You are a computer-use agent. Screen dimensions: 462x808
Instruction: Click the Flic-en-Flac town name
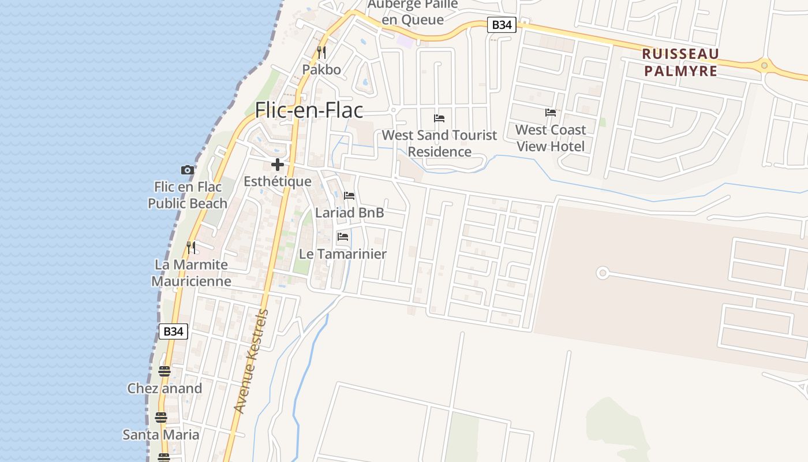[x=309, y=109]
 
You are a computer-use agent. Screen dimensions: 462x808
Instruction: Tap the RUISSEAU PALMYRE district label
[x=680, y=62]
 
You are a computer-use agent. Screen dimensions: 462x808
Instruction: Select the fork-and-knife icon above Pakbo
[x=321, y=53]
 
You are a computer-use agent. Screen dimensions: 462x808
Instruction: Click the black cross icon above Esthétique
[x=278, y=165]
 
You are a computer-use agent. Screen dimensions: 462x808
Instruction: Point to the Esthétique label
[x=277, y=181]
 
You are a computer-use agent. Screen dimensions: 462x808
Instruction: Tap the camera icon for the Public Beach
[x=187, y=170]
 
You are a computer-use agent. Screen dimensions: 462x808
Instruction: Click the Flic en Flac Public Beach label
[x=188, y=195]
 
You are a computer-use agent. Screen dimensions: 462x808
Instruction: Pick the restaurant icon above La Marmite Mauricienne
[x=191, y=248]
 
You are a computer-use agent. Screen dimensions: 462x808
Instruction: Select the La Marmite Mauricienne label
[x=191, y=273]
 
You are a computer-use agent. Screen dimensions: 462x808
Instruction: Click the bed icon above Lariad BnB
[x=349, y=196]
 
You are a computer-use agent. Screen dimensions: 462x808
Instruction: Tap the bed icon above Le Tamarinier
[x=343, y=237]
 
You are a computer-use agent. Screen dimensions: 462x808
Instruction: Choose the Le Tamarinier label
[x=343, y=254]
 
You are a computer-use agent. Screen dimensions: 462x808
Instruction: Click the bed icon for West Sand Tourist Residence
[x=439, y=118]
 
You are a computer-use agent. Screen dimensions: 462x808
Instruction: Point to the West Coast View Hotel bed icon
[x=551, y=113]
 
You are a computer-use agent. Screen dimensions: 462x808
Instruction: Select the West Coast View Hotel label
[x=551, y=138]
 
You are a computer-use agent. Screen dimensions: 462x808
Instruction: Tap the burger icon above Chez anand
[x=164, y=371]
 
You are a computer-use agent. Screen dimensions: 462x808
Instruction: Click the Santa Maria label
[x=161, y=435]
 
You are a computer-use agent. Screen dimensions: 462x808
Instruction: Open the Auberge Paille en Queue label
[x=413, y=12]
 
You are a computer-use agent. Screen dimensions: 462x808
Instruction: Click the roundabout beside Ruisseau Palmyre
[x=765, y=65]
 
